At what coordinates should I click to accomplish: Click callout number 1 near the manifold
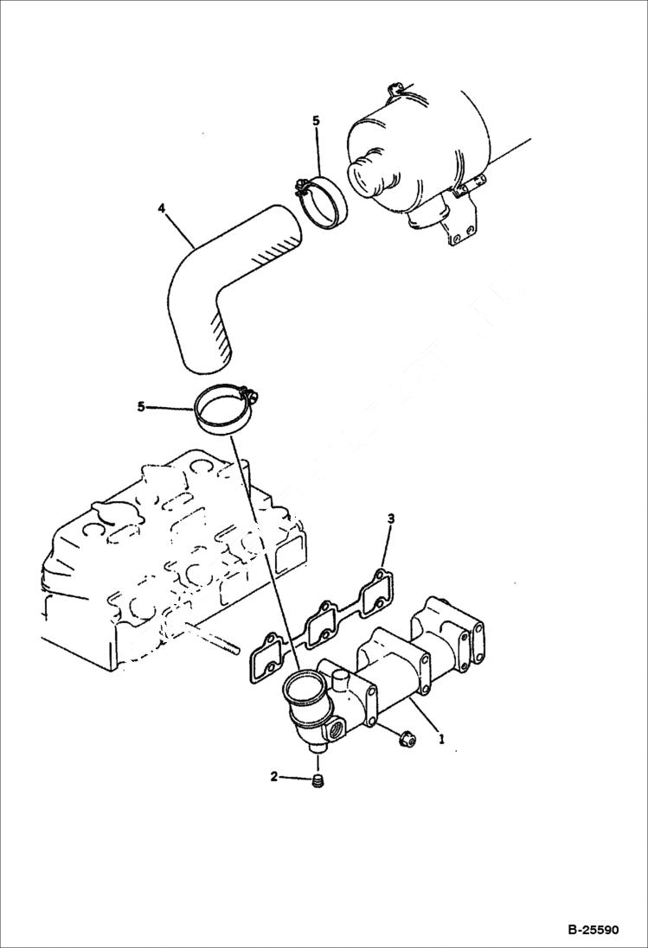tap(441, 740)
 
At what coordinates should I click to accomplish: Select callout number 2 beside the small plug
tap(274, 776)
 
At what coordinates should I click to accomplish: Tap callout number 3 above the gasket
tap(391, 519)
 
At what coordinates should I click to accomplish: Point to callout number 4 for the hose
tap(161, 208)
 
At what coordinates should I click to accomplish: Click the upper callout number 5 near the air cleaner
tap(316, 121)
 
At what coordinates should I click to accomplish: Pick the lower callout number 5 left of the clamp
tap(140, 406)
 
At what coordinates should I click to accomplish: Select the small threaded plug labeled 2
tap(318, 783)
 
